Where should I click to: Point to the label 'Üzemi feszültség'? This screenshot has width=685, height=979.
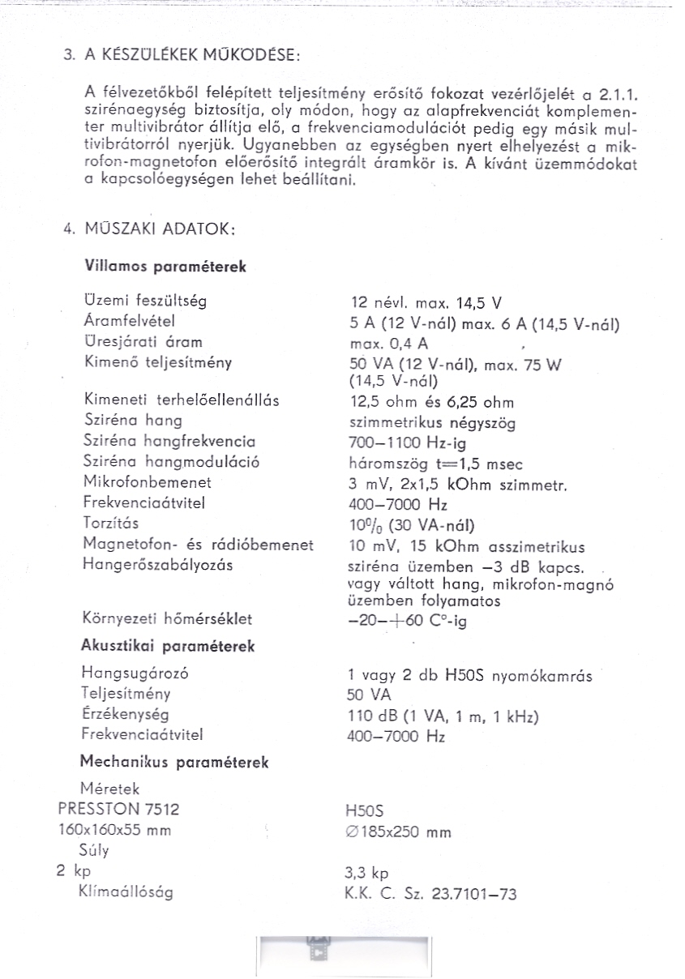[145, 301]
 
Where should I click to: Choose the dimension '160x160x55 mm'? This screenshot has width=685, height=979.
[113, 829]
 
